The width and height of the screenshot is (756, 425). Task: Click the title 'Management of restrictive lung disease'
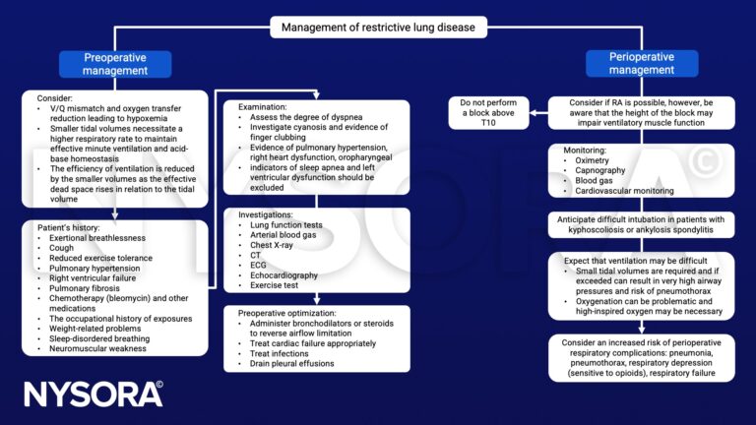[x=378, y=27]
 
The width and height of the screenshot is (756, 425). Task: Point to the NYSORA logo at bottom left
[x=94, y=394]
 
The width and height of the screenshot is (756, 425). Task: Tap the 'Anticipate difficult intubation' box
[x=643, y=223]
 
